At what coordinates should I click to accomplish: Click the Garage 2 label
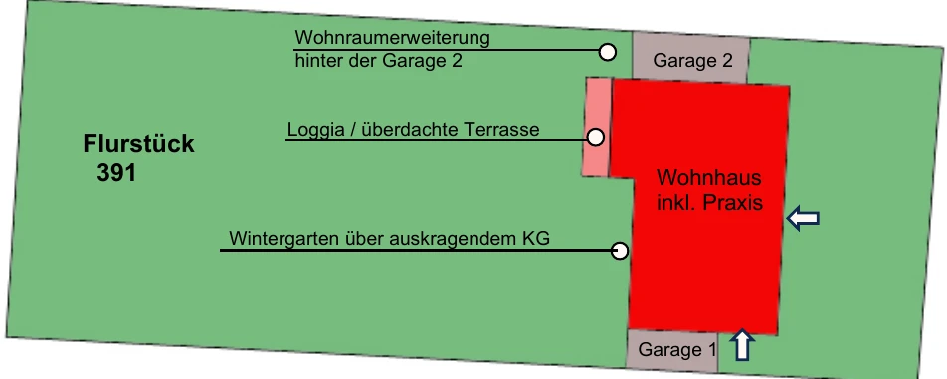698,61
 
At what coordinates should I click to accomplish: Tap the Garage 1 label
677,350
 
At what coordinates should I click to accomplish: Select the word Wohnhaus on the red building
709,179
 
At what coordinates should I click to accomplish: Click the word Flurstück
138,145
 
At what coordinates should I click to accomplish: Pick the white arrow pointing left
803,219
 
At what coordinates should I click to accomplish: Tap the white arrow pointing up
741,345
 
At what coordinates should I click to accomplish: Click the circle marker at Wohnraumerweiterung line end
606,50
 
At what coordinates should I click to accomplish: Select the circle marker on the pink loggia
596,138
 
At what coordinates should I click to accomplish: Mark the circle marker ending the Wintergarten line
620,251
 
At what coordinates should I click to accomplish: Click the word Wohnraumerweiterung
393,39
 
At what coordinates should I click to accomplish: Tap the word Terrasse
502,130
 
